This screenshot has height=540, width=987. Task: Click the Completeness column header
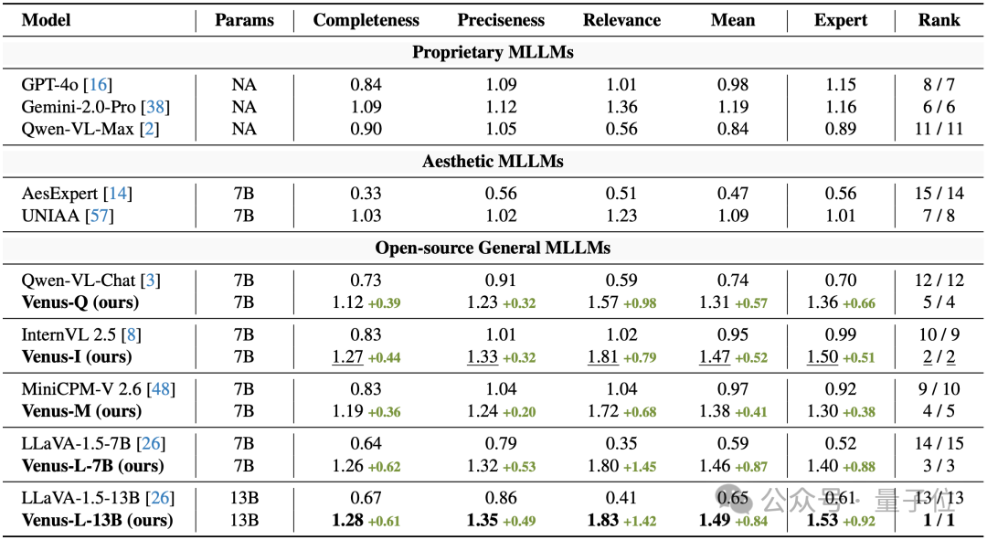(366, 20)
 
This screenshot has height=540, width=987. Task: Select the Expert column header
(841, 20)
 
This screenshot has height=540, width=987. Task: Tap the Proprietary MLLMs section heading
(493, 52)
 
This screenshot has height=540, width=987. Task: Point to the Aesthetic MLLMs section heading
(493, 162)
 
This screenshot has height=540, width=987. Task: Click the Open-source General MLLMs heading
(493, 248)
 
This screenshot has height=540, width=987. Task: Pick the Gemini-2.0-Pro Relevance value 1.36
(621, 107)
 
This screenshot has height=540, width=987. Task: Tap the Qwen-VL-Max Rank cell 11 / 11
(939, 129)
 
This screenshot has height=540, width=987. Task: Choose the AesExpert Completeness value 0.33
(366, 194)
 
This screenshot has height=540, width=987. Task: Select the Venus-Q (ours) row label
(80, 302)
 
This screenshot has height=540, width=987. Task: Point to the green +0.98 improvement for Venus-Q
(640, 303)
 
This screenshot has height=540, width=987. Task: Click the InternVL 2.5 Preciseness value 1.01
(501, 334)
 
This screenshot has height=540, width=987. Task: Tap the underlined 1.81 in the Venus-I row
(603, 357)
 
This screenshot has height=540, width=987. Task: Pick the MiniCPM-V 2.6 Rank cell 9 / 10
(939, 389)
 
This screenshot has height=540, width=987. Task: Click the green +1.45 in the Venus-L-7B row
(640, 467)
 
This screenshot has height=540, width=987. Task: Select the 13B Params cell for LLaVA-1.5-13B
(244, 498)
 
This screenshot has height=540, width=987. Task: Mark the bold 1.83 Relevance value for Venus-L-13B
(603, 520)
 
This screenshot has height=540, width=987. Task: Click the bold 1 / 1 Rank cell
(939, 520)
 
